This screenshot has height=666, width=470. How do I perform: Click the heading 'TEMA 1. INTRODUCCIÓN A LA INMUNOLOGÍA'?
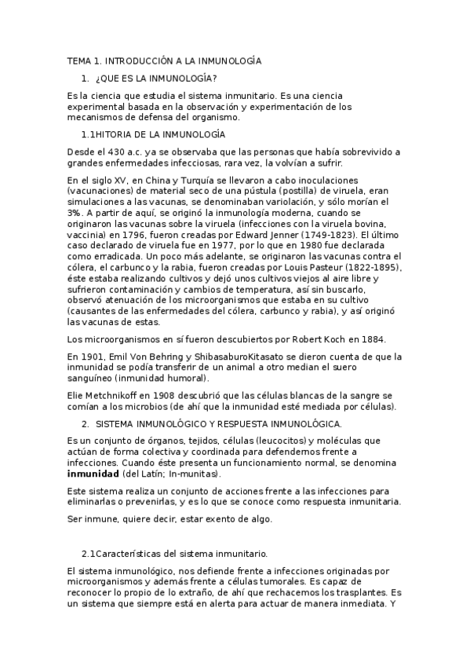coord(164,60)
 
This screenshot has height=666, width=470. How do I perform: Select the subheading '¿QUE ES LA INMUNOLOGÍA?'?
coord(155,79)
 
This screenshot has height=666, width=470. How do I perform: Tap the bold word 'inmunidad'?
coord(93,475)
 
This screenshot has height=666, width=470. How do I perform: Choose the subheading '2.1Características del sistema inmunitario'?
coord(175,552)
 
